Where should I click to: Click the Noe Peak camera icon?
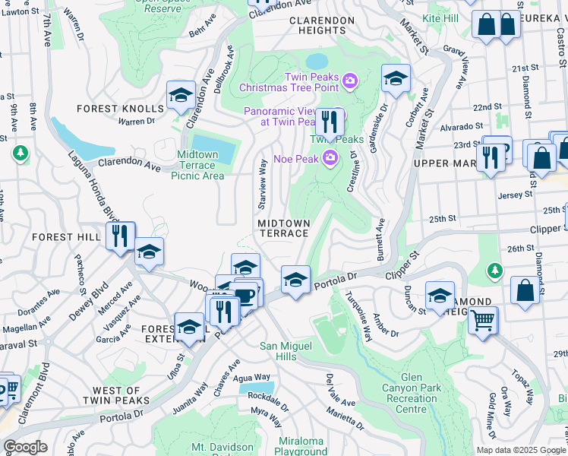[330, 158]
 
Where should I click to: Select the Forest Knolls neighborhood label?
[121, 109]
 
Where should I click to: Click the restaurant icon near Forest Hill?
[119, 236]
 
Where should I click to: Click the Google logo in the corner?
[26, 447]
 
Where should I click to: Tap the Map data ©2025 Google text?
[520, 450]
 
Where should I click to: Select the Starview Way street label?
[262, 184]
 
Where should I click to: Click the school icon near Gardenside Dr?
[395, 78]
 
